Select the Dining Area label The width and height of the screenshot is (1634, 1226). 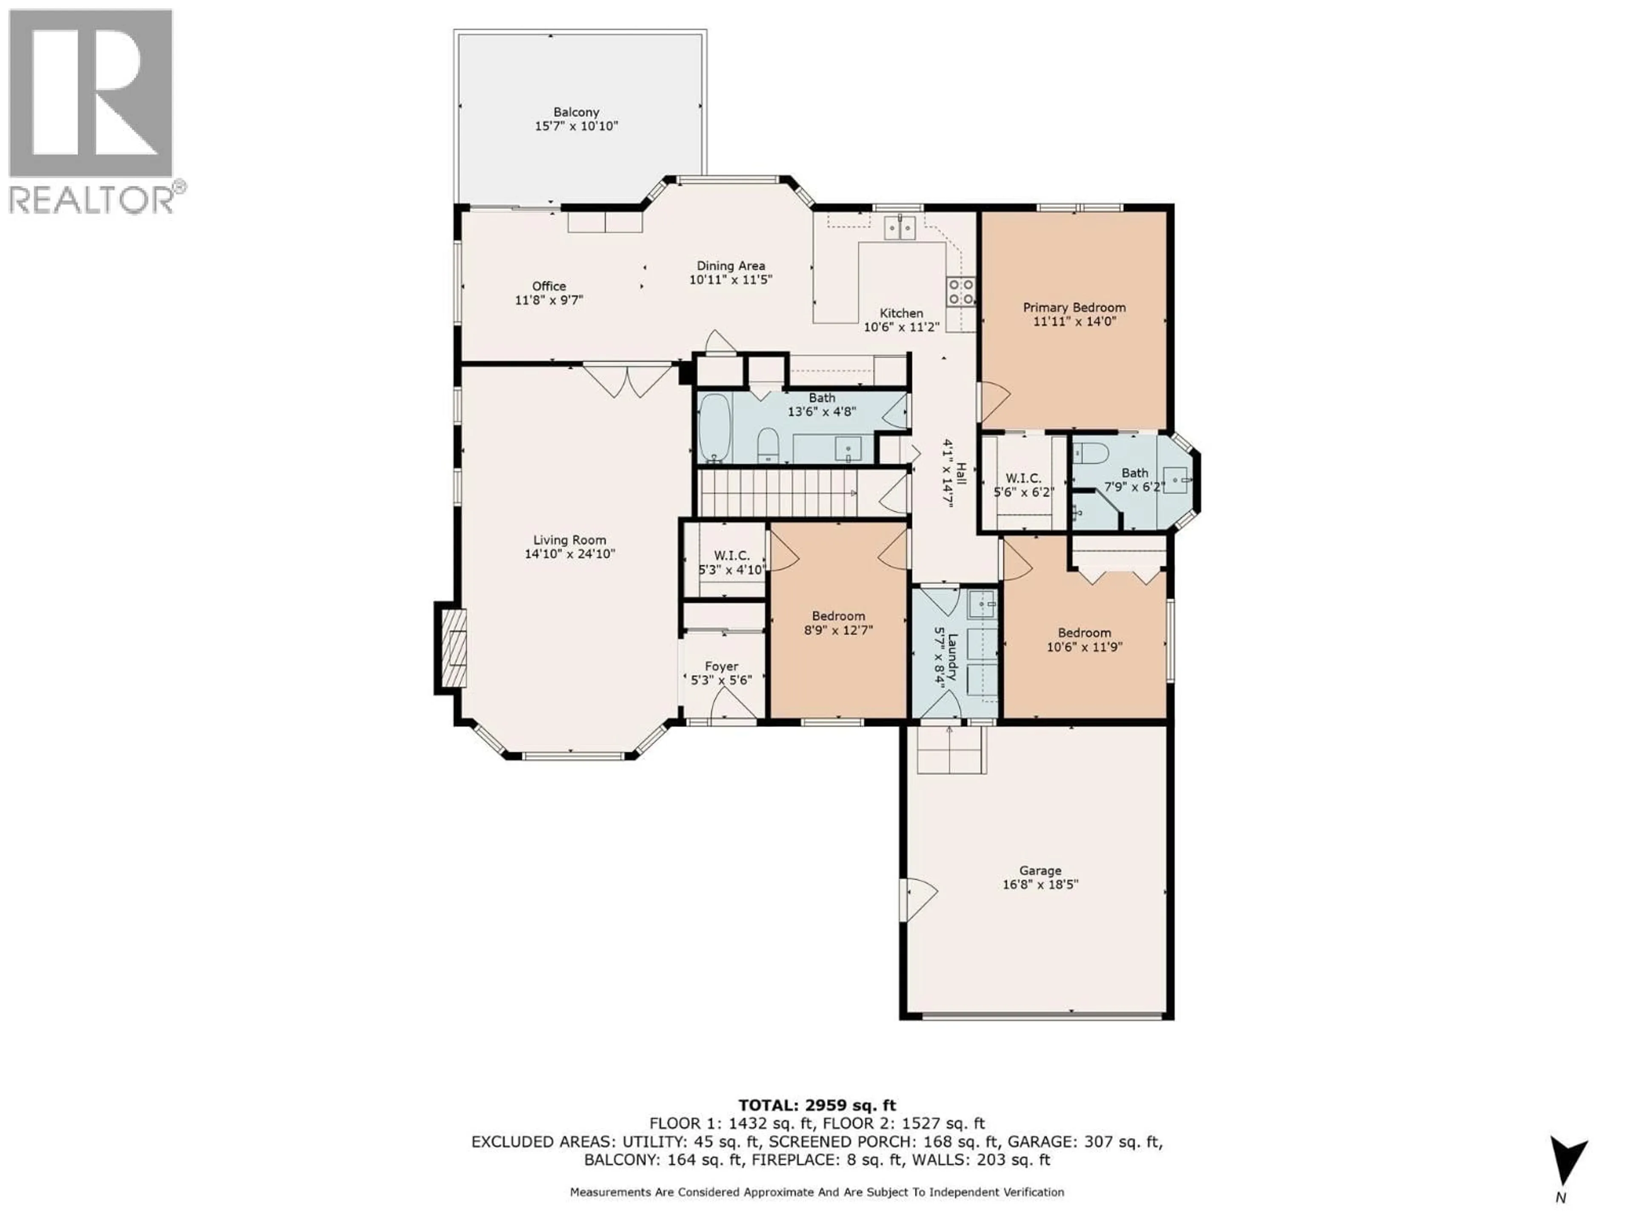click(731, 265)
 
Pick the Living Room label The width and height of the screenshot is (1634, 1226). click(569, 540)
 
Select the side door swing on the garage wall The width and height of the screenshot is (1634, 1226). click(916, 899)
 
